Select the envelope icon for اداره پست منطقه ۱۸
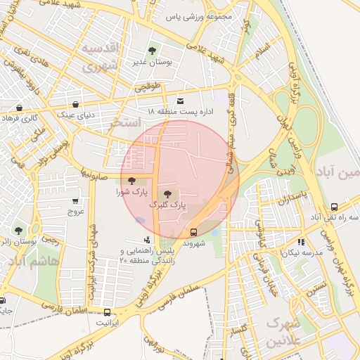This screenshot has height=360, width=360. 180,101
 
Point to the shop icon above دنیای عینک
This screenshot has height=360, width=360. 75,104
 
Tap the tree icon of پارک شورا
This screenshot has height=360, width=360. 131,182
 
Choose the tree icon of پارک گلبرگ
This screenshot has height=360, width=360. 167,194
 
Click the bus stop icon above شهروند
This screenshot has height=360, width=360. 193,231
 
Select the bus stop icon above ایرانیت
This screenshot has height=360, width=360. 107,312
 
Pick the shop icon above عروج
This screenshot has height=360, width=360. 75,201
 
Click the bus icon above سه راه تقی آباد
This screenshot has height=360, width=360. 334,207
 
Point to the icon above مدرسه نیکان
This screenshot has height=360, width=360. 302,241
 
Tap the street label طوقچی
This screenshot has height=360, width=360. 148,86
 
